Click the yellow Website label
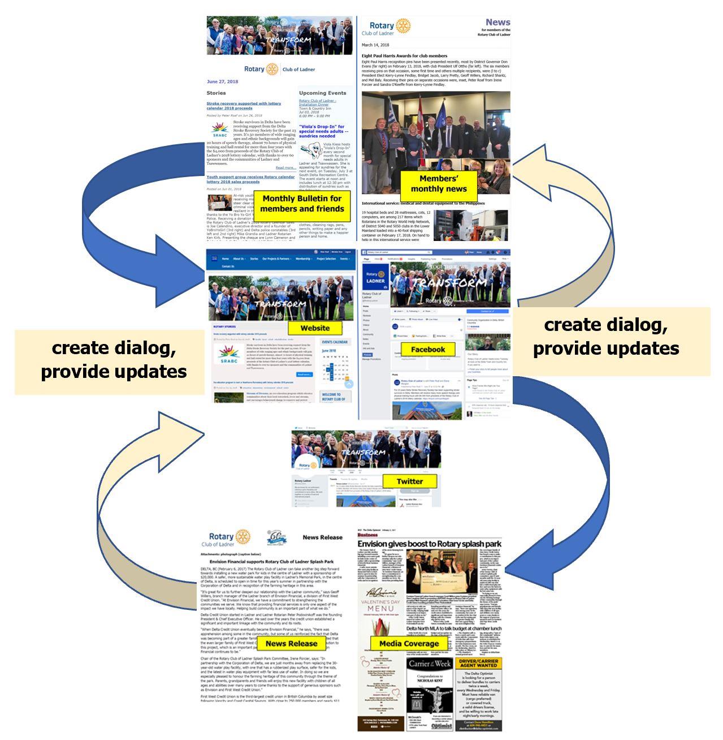point(315,328)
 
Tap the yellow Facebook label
point(428,350)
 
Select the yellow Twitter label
point(410,481)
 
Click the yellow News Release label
point(291,643)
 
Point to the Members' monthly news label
point(439,184)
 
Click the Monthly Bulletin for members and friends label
point(302,204)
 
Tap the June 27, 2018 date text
point(222,81)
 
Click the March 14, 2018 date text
point(375,45)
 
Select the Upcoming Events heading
point(322,93)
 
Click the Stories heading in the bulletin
point(216,93)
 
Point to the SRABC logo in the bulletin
point(219,130)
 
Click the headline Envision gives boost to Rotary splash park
point(429,544)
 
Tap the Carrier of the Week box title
point(430,663)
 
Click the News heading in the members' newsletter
point(497,23)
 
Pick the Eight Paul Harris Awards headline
point(404,56)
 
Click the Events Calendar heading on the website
point(335,342)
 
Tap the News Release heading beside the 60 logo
point(322,537)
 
